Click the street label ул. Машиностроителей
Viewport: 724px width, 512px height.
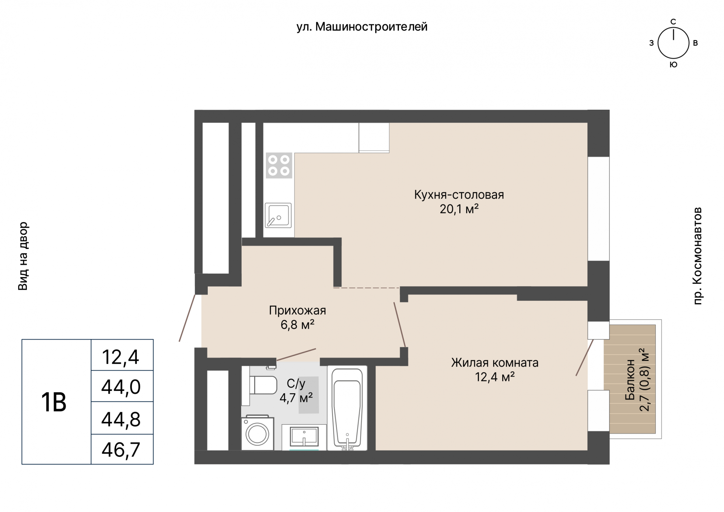pyautogui.click(x=362, y=27)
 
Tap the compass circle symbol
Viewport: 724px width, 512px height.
pyautogui.click(x=673, y=43)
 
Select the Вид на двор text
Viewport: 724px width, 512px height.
pyautogui.click(x=23, y=256)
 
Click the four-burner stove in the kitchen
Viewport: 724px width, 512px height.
pyautogui.click(x=279, y=165)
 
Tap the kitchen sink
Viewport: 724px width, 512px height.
pyautogui.click(x=278, y=215)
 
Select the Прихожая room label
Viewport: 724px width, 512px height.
pyautogui.click(x=297, y=310)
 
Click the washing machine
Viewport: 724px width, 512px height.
pyautogui.click(x=258, y=433)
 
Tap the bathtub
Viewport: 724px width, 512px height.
pyautogui.click(x=347, y=408)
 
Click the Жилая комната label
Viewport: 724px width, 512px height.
pyautogui.click(x=495, y=363)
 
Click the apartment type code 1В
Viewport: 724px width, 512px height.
pyautogui.click(x=54, y=402)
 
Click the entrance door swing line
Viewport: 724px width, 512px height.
pyautogui.click(x=187, y=318)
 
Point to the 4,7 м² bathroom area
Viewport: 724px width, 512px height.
pyautogui.click(x=296, y=397)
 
